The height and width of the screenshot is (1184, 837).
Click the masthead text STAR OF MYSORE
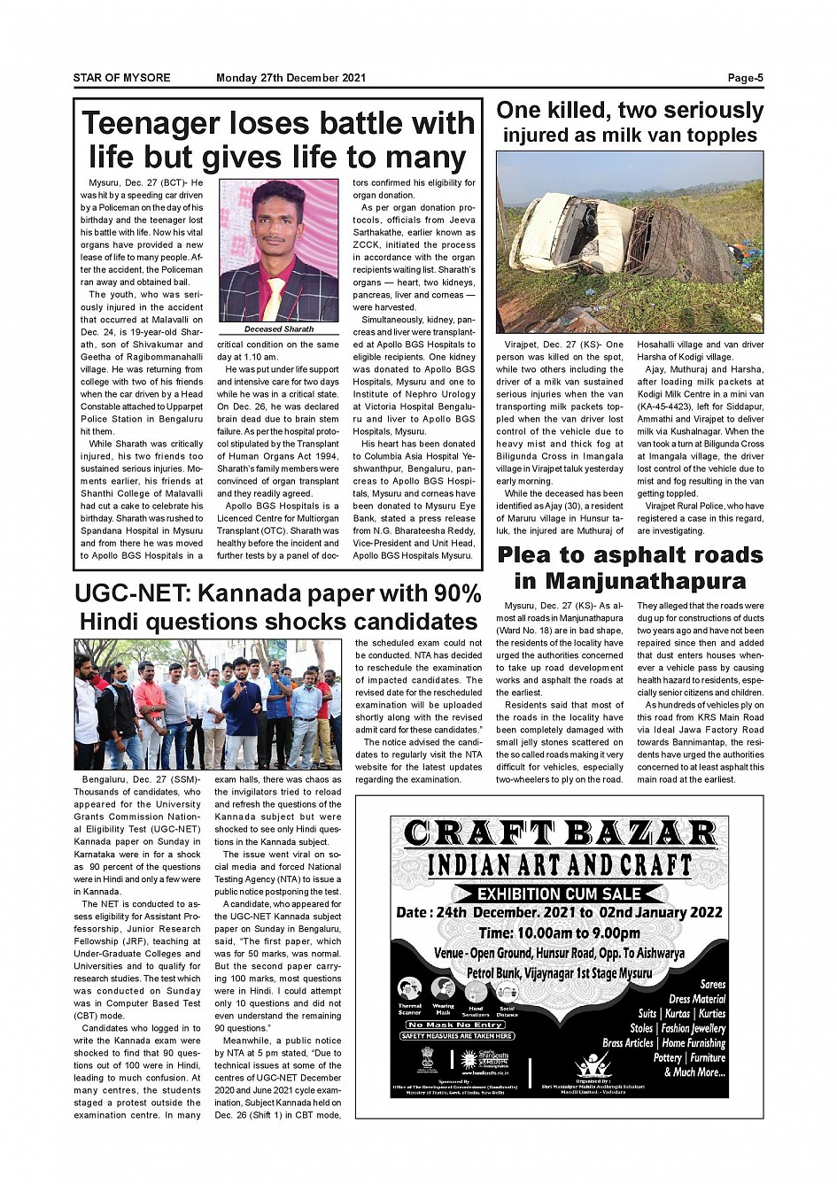tap(122, 78)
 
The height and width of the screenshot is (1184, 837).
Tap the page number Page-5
tap(745, 78)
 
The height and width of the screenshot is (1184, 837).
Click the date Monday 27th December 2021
tap(291, 78)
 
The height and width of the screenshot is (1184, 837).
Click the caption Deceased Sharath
tap(279, 329)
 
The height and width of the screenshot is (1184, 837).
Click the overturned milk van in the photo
tap(611, 235)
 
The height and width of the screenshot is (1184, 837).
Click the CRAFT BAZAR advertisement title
tap(559, 834)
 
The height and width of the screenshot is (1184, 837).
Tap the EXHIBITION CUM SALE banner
tap(559, 894)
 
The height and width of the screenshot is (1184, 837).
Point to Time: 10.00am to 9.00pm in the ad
tap(559, 932)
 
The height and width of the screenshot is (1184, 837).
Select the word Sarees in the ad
tap(712, 984)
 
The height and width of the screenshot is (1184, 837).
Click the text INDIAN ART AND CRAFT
tap(559, 865)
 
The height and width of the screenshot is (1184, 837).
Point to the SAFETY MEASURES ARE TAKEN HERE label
tap(456, 1035)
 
